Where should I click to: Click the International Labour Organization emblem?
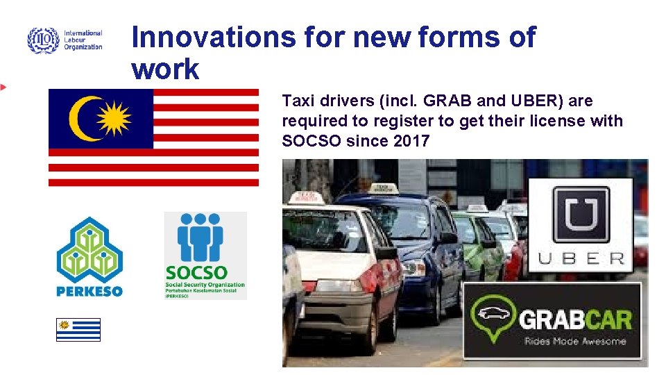(x=43, y=40)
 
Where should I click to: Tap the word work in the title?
(x=165, y=69)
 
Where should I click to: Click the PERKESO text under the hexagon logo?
(x=89, y=291)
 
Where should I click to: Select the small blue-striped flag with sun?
(x=78, y=329)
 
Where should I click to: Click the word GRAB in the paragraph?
(x=443, y=101)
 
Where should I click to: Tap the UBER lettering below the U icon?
(x=581, y=259)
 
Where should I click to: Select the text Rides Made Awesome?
(x=575, y=341)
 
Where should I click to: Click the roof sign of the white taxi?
(x=309, y=199)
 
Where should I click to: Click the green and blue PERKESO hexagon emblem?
(x=89, y=249)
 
